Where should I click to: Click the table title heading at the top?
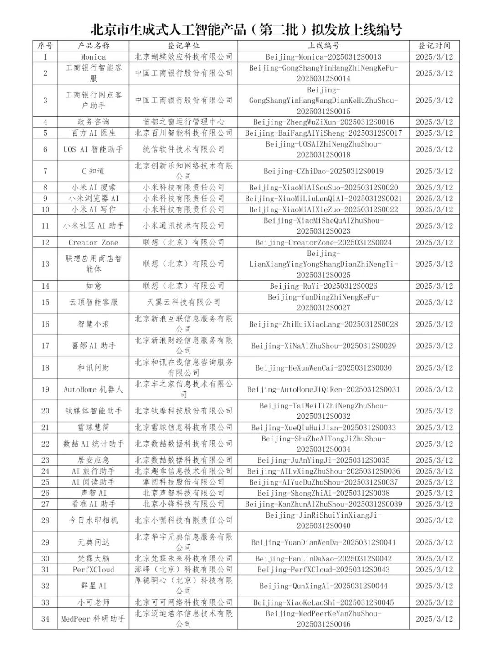click(246, 30)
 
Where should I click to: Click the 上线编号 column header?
click(323, 46)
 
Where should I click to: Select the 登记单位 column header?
click(183, 46)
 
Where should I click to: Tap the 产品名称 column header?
click(93, 46)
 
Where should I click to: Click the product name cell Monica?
click(93, 57)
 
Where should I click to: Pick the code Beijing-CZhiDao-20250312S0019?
click(323, 171)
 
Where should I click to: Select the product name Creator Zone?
click(93, 243)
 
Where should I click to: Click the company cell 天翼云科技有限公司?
click(183, 302)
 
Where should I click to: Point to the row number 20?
click(45, 411)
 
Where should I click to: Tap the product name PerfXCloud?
click(93, 570)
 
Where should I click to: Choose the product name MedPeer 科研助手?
click(93, 619)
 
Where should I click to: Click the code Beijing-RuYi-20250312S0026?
click(323, 286)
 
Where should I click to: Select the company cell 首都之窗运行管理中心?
click(183, 122)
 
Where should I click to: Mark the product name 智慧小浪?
click(93, 324)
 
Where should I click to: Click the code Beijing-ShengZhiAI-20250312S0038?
click(323, 493)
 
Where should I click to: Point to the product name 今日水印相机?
click(93, 520)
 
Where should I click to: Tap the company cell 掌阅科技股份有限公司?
click(183, 482)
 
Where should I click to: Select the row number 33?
click(45, 602)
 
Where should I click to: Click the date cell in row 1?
click(434, 57)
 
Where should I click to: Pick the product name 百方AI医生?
click(93, 133)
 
